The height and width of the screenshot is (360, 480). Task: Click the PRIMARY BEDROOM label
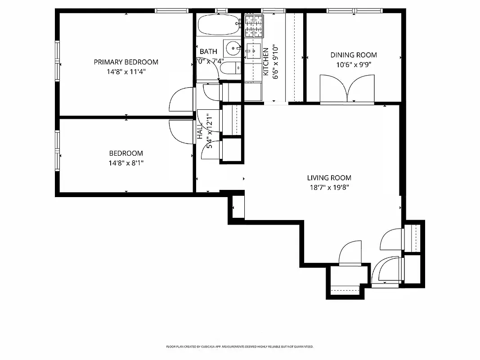point(126,62)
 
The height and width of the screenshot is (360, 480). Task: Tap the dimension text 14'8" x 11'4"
point(126,71)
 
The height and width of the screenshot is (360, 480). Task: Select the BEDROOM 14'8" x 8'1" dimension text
point(126,162)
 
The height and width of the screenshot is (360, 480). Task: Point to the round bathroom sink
point(233,47)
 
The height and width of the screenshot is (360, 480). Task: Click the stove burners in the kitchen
point(254,26)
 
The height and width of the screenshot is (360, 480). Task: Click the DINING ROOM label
point(354,55)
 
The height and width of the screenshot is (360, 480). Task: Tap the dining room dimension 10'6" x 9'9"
point(354,64)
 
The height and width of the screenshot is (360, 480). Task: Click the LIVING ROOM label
point(329,178)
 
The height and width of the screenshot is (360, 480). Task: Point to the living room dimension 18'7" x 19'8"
point(329,187)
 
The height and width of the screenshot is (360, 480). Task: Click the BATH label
point(208,52)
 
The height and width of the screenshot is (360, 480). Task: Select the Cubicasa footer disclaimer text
point(240,347)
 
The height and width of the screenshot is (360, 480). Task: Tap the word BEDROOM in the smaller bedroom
point(126,153)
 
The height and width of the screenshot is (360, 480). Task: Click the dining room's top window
point(354,10)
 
